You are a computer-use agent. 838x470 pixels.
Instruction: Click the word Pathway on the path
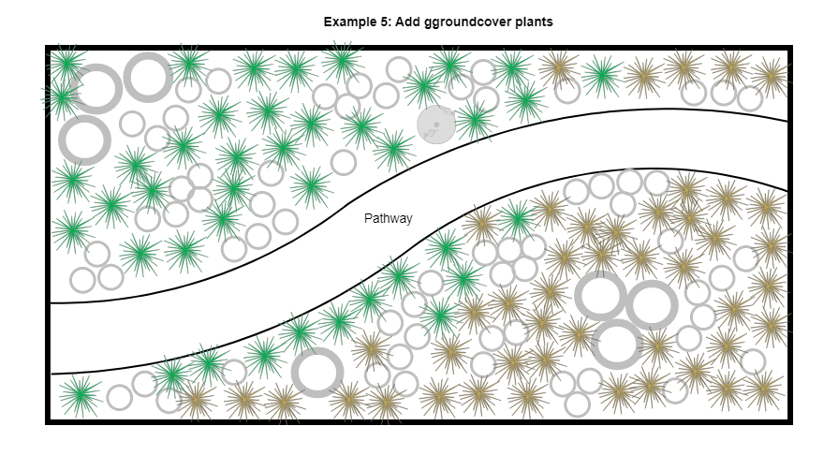point(388,219)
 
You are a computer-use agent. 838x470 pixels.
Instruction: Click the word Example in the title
point(350,22)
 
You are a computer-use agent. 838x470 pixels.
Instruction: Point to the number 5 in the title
point(387,22)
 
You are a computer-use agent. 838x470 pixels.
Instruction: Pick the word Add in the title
point(408,22)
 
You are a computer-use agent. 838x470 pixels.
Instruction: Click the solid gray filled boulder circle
point(435,125)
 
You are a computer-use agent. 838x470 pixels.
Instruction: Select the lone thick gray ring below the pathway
point(317,372)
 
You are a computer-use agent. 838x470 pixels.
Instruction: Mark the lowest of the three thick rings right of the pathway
point(618,344)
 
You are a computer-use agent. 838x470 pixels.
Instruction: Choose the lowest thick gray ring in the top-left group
point(84,140)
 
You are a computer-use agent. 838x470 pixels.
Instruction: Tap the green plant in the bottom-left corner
point(80,393)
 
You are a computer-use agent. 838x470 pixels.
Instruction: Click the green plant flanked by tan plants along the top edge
point(601,73)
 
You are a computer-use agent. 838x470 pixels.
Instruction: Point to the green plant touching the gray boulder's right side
point(475,120)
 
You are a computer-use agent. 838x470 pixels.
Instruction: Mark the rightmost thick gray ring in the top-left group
point(148,77)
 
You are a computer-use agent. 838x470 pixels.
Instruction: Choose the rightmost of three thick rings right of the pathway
point(652,306)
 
